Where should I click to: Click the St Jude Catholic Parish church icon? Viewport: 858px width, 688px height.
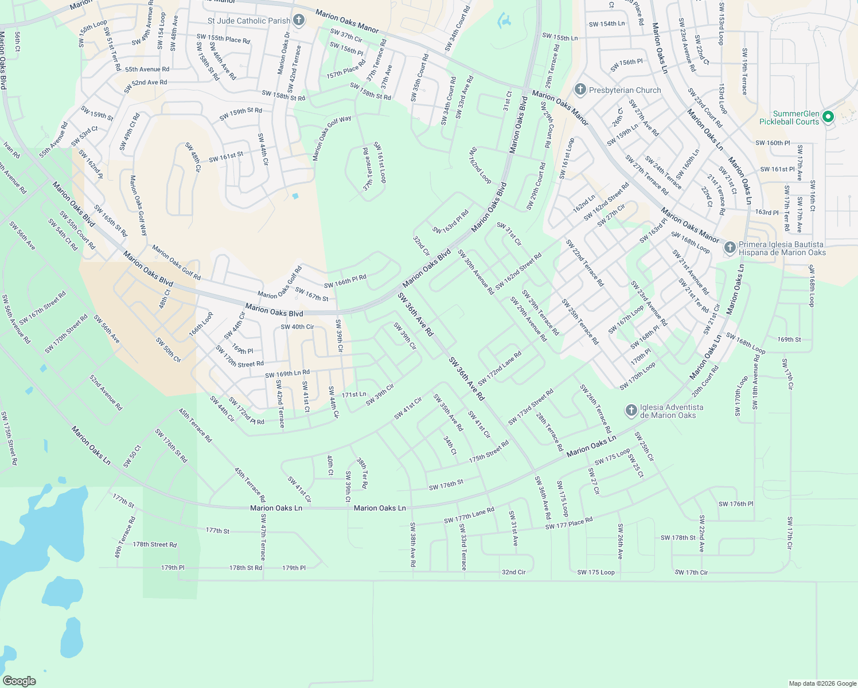[x=298, y=21]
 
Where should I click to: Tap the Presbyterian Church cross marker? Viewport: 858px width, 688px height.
[x=580, y=90]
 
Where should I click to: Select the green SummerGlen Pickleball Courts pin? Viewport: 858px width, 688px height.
[x=828, y=117]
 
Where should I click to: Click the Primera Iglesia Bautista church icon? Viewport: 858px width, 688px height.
[x=730, y=248]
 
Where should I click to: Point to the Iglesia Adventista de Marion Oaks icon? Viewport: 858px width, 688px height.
[x=631, y=411]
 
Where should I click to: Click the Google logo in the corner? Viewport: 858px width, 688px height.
[x=19, y=681]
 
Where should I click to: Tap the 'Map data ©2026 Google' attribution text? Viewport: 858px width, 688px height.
[x=822, y=683]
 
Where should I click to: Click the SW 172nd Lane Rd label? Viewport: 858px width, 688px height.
[x=500, y=368]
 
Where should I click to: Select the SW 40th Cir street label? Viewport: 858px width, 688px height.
[x=297, y=327]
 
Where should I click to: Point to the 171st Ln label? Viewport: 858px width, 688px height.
[x=354, y=394]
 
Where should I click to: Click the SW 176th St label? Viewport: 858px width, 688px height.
[x=446, y=485]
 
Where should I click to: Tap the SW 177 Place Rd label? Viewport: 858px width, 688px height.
[x=569, y=523]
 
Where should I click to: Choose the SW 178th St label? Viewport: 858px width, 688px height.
[x=678, y=538]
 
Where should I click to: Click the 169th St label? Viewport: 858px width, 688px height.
[x=789, y=339]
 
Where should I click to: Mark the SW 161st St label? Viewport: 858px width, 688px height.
[x=226, y=157]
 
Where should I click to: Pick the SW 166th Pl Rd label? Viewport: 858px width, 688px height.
[x=345, y=282]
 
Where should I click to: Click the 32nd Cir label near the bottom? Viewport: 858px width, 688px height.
[x=513, y=572]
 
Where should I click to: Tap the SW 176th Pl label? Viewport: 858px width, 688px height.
[x=736, y=504]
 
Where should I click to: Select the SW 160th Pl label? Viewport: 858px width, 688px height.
[x=773, y=143]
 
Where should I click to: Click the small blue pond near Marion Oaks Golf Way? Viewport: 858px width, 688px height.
[x=295, y=196]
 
